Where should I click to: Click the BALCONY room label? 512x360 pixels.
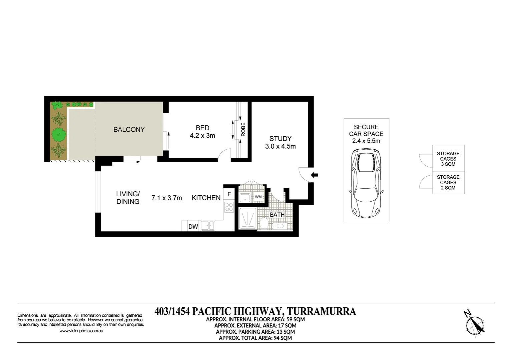pos(129,130)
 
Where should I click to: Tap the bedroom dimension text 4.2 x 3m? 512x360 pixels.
pos(202,136)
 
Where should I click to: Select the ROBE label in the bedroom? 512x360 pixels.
pos(243,129)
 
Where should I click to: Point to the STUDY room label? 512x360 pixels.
pos(280,139)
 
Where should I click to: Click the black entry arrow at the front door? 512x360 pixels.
pos(314,175)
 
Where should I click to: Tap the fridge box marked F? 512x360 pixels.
pos(229,194)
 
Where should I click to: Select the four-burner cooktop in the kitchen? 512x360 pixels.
pos(229,207)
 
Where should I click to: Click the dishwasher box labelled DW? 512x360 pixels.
pos(193,227)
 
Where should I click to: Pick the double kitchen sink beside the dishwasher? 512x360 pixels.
pos(208,226)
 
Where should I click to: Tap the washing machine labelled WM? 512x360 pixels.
pos(258,197)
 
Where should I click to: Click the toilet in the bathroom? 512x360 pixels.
pos(264,223)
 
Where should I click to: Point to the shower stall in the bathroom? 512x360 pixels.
pos(247,218)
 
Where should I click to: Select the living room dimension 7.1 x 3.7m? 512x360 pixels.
pos(166,198)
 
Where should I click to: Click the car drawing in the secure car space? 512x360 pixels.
pos(366,183)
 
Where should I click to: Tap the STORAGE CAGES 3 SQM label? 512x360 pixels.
pos(448,159)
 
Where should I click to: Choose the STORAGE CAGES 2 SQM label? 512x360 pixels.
pos(448,182)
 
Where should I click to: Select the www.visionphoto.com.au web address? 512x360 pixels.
pos(81,331)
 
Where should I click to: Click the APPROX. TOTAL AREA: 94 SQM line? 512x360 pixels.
pos(255,338)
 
